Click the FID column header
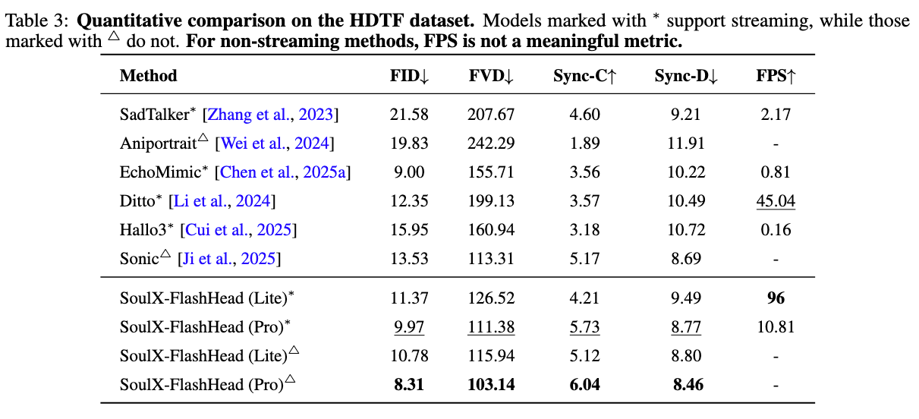click(x=410, y=76)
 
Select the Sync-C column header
click(x=584, y=76)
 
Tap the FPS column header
click(x=776, y=76)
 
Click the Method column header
click(x=148, y=76)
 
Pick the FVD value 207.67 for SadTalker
click(x=492, y=115)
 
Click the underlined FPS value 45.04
click(x=776, y=201)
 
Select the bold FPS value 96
click(x=776, y=298)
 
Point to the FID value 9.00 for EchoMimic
click(x=410, y=172)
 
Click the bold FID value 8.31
click(x=410, y=385)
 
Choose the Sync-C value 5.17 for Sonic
click(x=584, y=259)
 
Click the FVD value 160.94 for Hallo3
click(x=492, y=230)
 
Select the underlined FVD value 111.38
click(x=492, y=327)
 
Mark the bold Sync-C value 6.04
click(x=584, y=385)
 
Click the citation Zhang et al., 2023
click(x=272, y=115)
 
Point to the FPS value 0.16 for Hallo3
click(x=776, y=230)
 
